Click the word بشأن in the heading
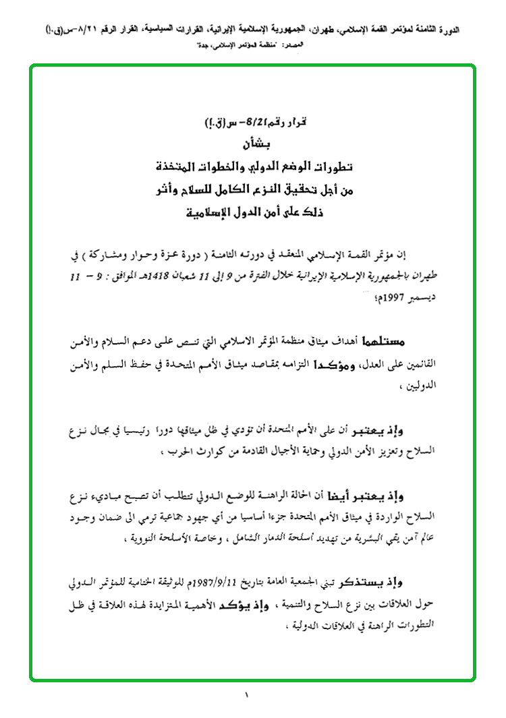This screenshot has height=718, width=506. click(x=252, y=144)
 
